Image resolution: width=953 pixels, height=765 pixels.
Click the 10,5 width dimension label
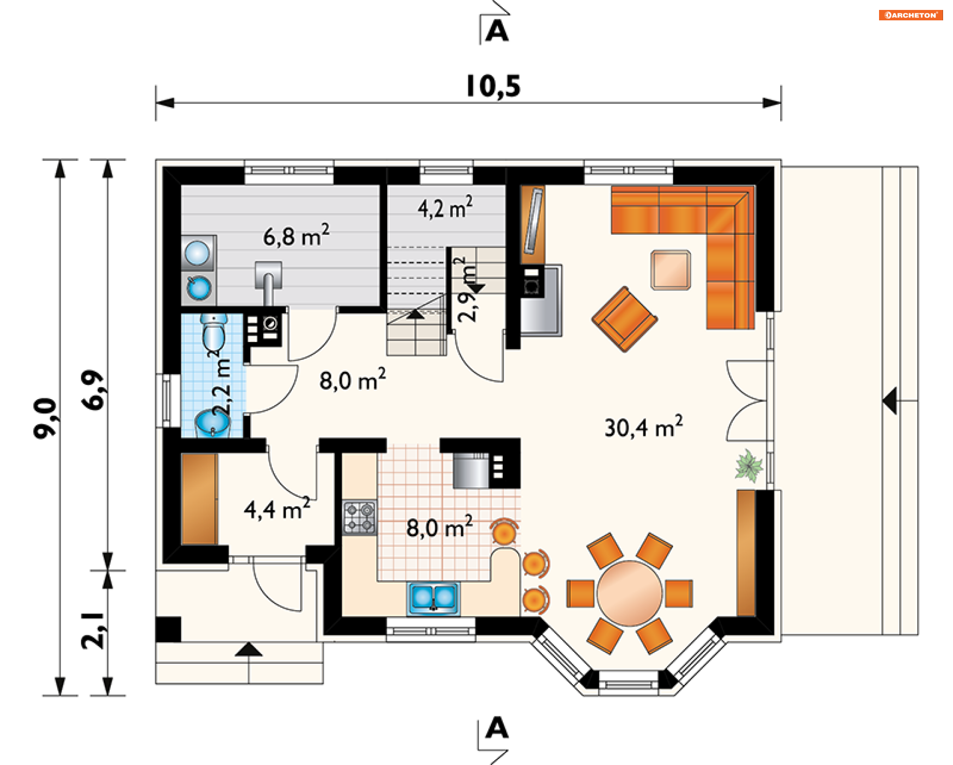tap(493, 87)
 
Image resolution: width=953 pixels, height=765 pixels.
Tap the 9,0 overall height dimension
tap(45, 418)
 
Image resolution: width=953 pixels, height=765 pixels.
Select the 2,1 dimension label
tap(93, 630)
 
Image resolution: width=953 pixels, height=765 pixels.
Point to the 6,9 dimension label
tap(93, 390)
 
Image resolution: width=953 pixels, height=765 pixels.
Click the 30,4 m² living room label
tap(643, 427)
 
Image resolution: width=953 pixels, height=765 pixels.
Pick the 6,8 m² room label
tap(296, 235)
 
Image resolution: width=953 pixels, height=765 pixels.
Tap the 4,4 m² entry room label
tap(277, 508)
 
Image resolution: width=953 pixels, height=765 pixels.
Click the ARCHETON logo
tap(911, 15)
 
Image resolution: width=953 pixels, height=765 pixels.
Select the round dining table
tap(629, 593)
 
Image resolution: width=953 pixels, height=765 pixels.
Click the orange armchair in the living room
tap(624, 319)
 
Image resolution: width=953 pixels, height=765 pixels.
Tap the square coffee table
tap(671, 270)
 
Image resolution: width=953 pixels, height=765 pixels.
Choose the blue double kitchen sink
tap(433, 598)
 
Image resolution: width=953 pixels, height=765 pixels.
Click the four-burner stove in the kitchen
tap(359, 517)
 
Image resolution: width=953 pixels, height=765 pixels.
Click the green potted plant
tap(748, 465)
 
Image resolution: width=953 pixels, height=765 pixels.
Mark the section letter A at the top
tap(497, 31)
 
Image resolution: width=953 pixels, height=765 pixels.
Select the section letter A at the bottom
tap(497, 728)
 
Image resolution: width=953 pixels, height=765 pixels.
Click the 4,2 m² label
tap(445, 208)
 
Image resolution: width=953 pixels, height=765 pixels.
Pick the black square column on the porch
tap(168, 629)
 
